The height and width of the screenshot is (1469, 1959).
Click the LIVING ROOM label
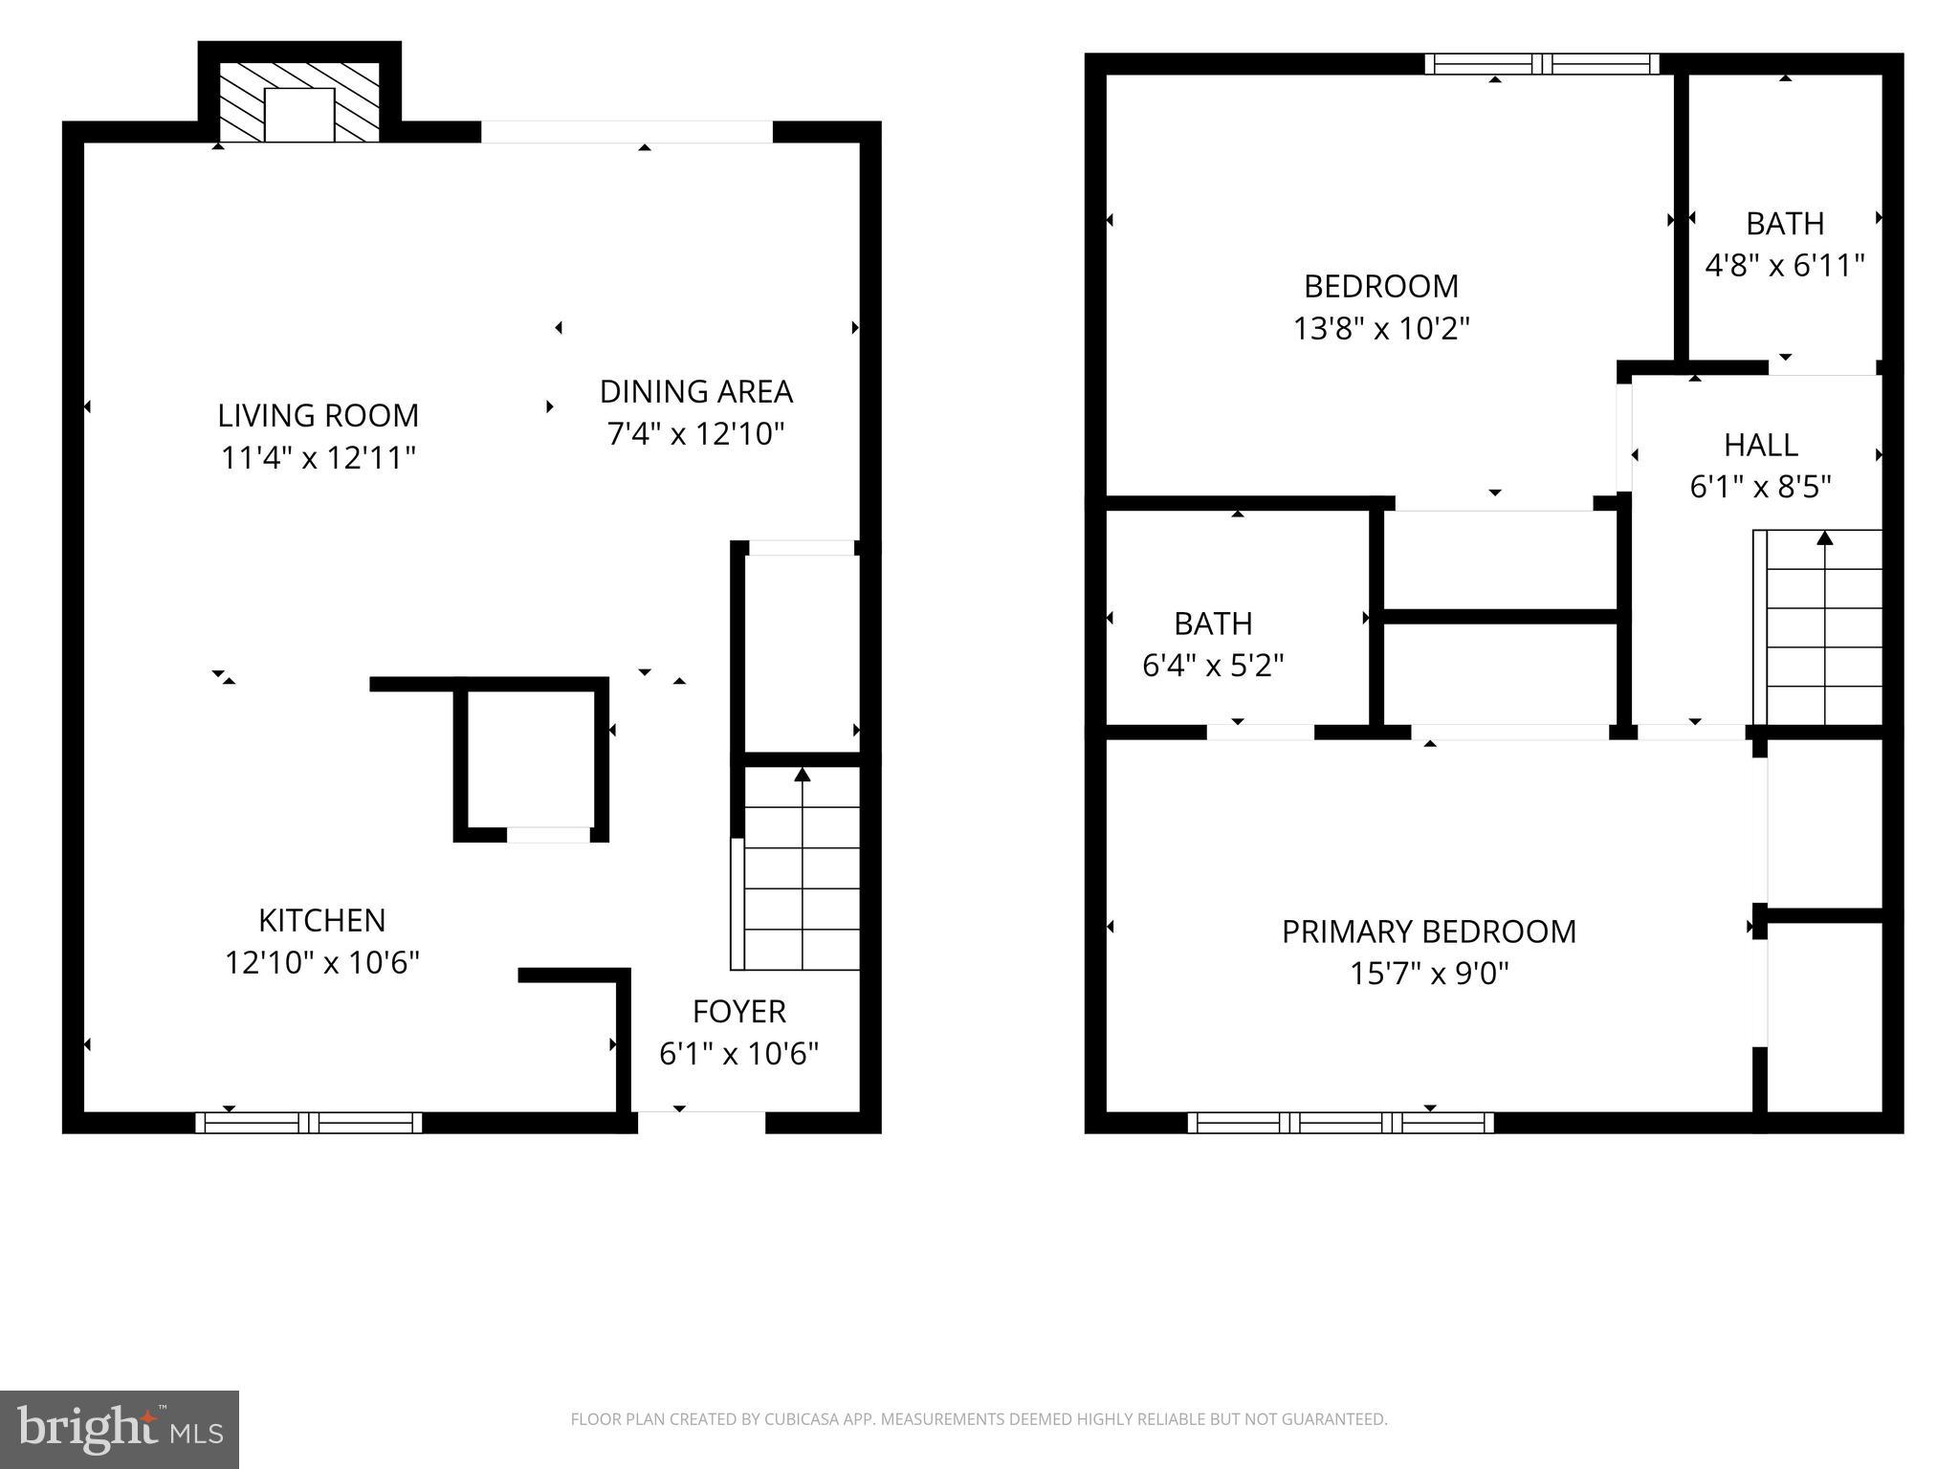click(x=318, y=415)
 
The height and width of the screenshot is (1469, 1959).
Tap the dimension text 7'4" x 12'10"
click(x=695, y=434)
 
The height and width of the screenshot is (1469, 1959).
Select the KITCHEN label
click(x=321, y=920)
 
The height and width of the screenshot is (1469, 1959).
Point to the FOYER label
click(x=738, y=1011)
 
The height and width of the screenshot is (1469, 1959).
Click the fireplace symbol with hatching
click(x=299, y=103)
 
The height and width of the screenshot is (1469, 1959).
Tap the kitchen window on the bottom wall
click(x=308, y=1122)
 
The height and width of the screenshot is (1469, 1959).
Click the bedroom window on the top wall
click(x=1541, y=64)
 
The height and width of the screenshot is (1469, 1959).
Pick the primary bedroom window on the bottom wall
click(x=1340, y=1122)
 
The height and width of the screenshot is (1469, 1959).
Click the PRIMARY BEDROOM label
click(x=1428, y=932)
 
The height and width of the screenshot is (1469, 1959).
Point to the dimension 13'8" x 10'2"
click(x=1380, y=329)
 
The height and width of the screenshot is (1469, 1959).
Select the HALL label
click(x=1760, y=445)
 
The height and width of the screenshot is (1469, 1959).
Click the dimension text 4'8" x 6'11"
click(x=1784, y=265)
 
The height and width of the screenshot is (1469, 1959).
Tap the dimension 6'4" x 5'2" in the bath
click(x=1212, y=665)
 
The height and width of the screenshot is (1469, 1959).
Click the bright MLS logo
click(x=119, y=1429)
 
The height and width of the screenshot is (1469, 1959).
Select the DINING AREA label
click(x=695, y=391)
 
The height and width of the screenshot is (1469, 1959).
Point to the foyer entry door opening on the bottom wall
click(x=701, y=1121)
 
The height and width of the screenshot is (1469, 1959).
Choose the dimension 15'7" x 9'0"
click(x=1428, y=974)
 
